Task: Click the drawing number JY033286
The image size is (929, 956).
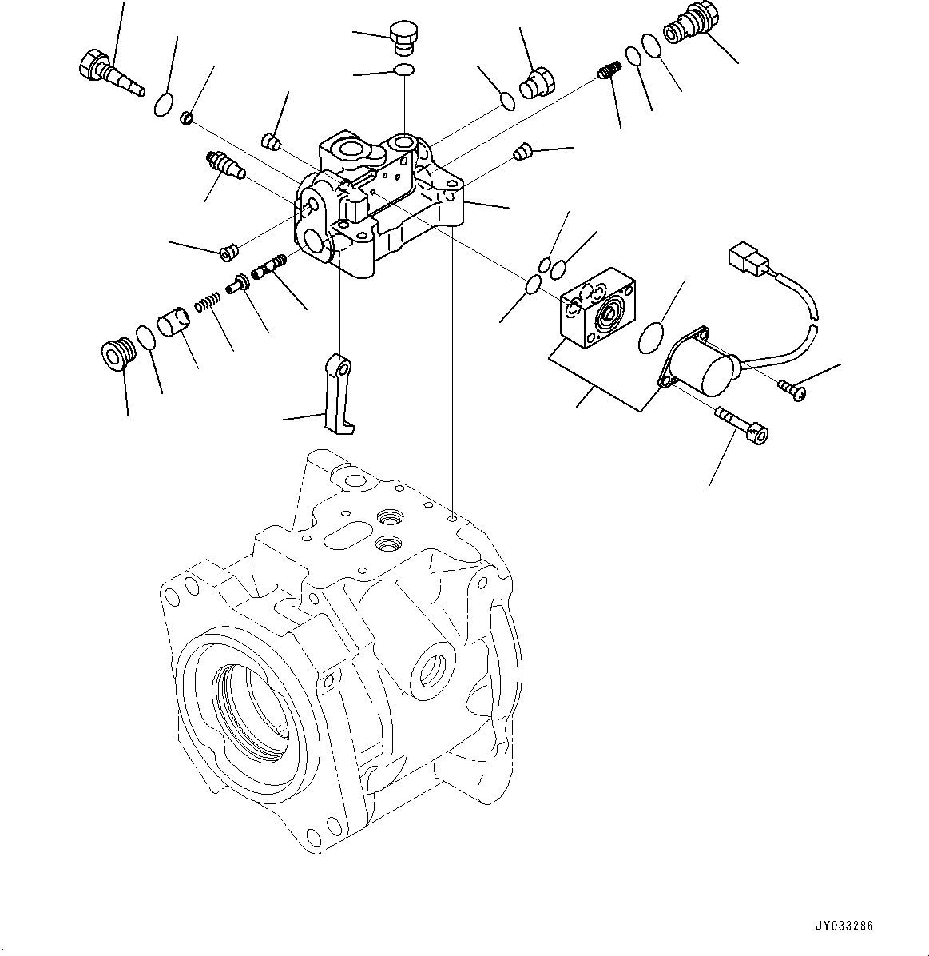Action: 844,926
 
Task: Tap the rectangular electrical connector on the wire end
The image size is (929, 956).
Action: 746,260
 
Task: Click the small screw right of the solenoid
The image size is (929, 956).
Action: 793,390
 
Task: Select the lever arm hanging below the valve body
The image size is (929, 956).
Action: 339,396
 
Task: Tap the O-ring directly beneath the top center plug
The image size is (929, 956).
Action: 404,72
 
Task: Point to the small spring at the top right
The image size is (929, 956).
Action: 609,72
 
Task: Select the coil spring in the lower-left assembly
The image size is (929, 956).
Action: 208,304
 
